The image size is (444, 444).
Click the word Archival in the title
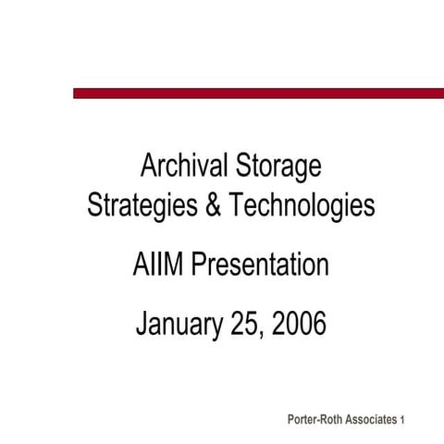pyautogui.click(x=178, y=167)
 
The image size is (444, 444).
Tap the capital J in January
pyautogui.click(x=142, y=326)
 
